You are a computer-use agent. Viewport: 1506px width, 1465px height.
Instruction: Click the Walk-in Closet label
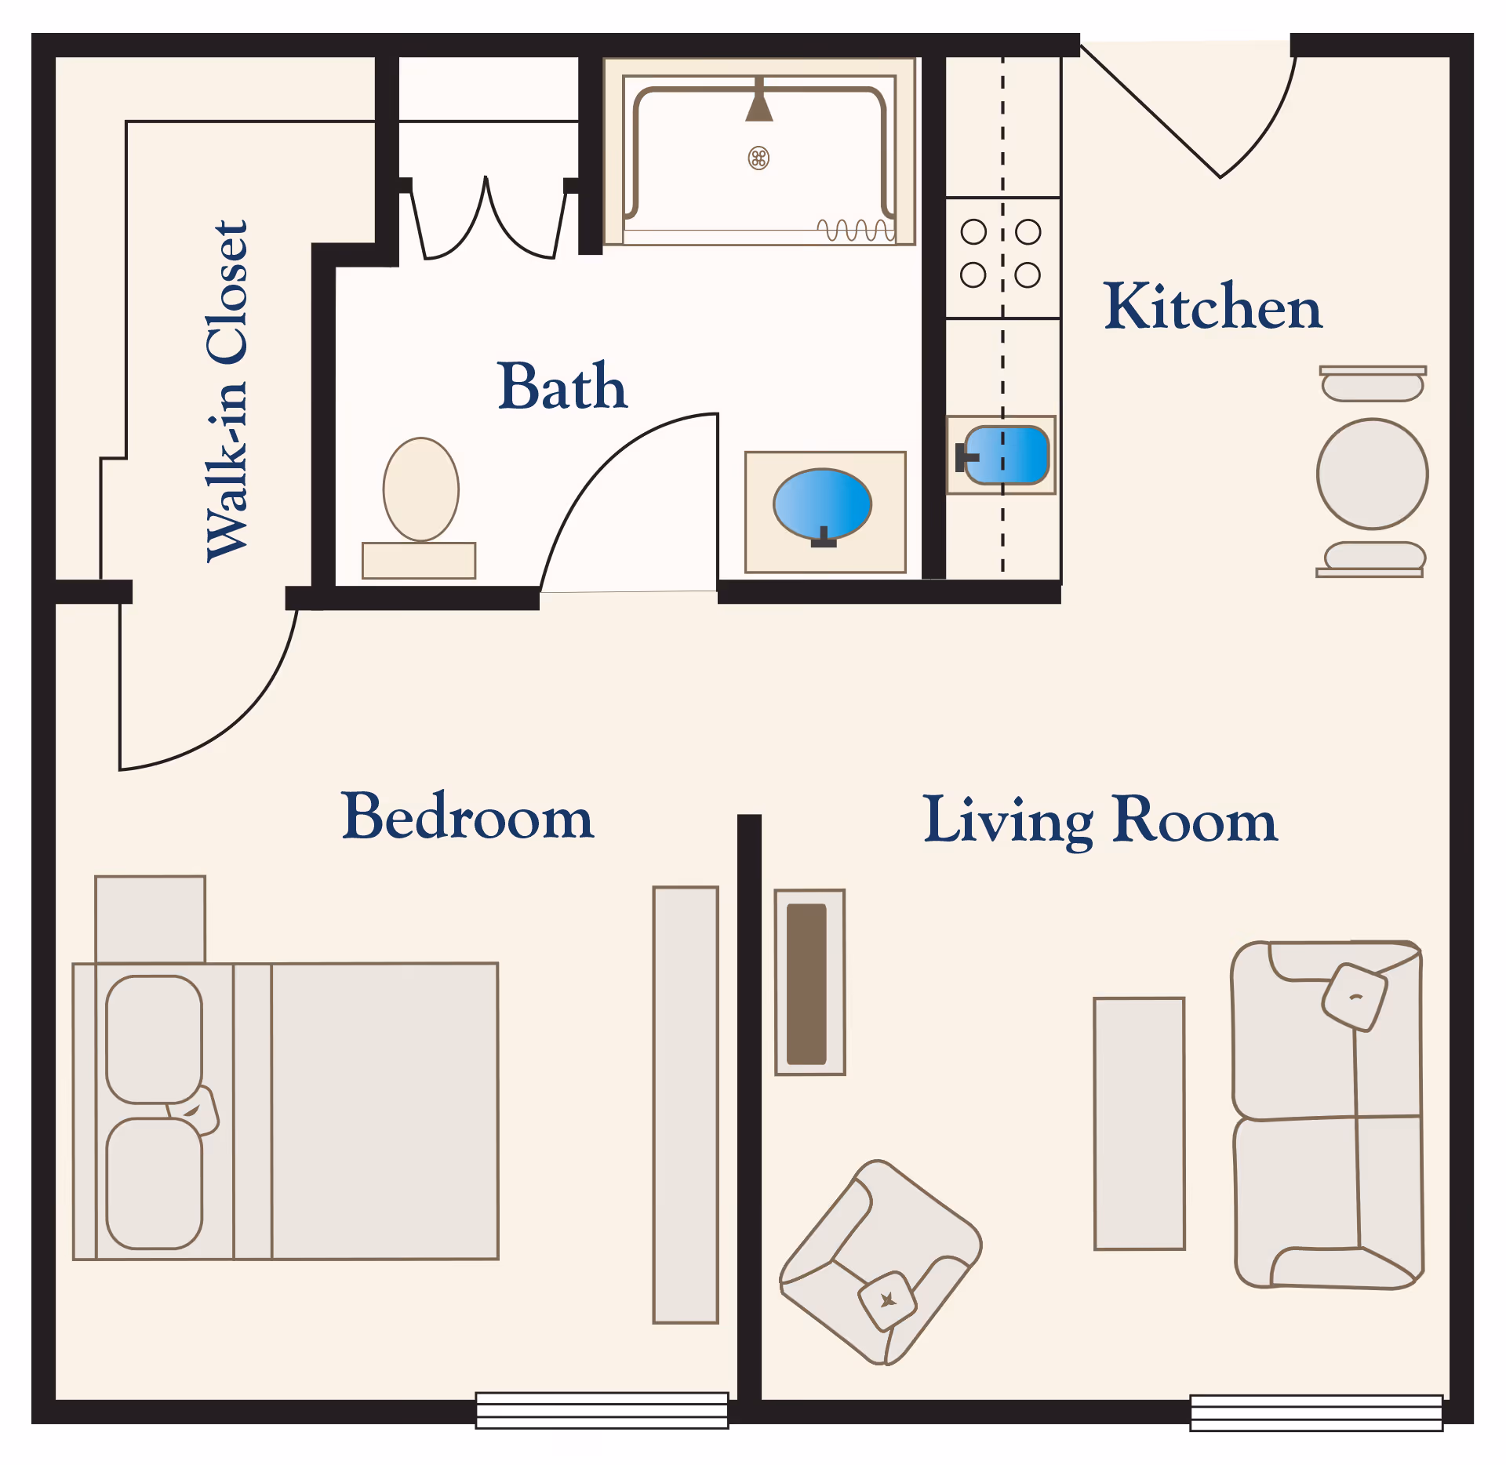point(227,391)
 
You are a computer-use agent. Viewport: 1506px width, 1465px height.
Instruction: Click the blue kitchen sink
point(1006,455)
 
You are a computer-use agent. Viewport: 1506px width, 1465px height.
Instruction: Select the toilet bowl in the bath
point(421,489)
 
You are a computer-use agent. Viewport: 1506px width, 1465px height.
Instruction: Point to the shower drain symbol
point(758,158)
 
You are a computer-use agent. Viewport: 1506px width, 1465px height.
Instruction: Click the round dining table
point(1373,474)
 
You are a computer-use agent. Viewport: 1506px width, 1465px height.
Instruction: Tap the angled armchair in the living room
point(881,1262)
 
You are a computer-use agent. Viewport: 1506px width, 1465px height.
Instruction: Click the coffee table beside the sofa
point(1140,1123)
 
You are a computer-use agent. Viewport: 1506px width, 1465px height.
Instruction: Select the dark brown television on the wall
point(807,984)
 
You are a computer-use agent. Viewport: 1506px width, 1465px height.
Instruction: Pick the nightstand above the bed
point(150,919)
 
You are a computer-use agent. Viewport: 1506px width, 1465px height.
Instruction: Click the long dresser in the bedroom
point(686,1105)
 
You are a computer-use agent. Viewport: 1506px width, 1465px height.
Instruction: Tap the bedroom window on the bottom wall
point(602,1411)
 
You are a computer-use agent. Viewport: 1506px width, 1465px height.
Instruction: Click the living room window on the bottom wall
point(1316,1413)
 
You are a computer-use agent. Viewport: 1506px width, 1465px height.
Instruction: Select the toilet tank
point(419,561)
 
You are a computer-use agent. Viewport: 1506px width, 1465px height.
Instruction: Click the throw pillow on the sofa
point(1355,997)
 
